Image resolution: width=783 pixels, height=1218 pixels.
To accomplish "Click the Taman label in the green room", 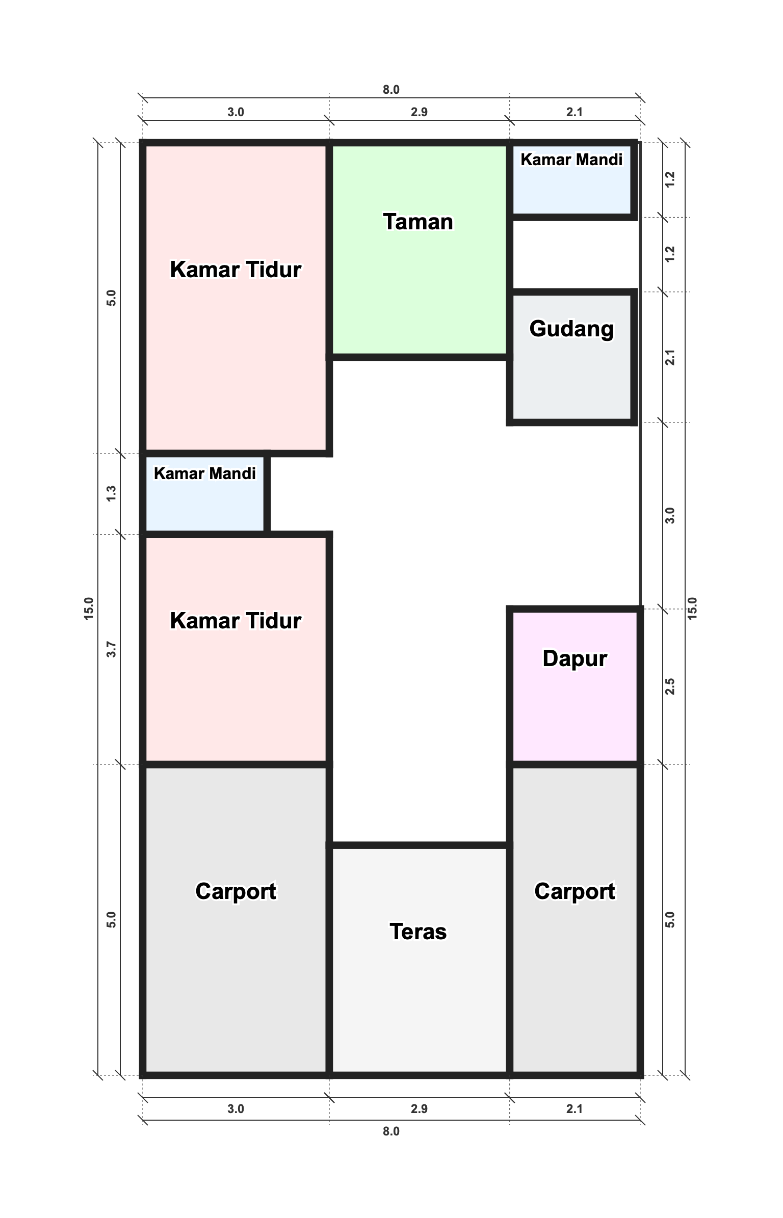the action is click(418, 222).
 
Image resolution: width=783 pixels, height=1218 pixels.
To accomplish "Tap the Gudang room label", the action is click(571, 329).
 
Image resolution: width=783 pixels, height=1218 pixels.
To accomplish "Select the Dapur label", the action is click(575, 658).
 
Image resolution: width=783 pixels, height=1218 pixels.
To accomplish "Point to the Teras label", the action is click(418, 932).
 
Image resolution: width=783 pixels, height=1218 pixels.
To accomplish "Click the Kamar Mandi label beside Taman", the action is click(571, 160).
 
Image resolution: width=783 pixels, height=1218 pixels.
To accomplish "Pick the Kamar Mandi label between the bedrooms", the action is click(204, 473).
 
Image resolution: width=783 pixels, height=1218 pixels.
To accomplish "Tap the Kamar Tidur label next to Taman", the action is click(236, 270).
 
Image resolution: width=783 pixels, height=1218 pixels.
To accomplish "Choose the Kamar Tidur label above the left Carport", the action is click(236, 621).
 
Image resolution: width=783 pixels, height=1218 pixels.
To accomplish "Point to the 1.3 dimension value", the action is click(111, 493).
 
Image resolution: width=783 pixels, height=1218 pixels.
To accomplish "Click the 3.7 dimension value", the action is click(111, 649).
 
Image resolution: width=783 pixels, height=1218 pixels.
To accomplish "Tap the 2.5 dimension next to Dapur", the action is click(670, 686).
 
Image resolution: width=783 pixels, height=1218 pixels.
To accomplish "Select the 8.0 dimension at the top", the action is click(391, 90).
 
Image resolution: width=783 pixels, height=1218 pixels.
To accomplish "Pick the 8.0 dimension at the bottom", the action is click(391, 1131).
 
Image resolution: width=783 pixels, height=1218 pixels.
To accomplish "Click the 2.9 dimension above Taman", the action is click(419, 112).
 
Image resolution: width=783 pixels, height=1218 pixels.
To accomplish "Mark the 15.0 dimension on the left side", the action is click(89, 608).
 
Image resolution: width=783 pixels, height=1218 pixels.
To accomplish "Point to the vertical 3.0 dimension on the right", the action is click(670, 515).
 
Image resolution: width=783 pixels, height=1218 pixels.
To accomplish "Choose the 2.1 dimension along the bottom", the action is click(575, 1109).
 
